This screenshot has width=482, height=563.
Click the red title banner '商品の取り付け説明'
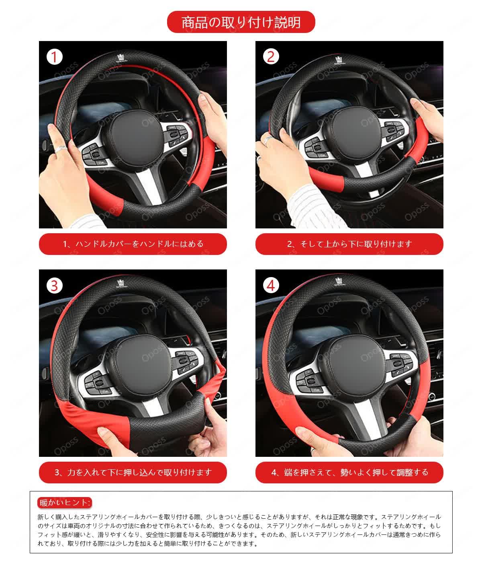point(241,22)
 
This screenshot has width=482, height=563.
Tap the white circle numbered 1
point(55,57)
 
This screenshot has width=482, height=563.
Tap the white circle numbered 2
point(271,57)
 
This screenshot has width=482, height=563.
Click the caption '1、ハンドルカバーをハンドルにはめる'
point(133,244)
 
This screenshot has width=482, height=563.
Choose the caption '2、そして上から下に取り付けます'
point(349,244)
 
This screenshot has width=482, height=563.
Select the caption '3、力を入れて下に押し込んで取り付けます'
point(133,473)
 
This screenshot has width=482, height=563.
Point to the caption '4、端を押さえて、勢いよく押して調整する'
point(349,473)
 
